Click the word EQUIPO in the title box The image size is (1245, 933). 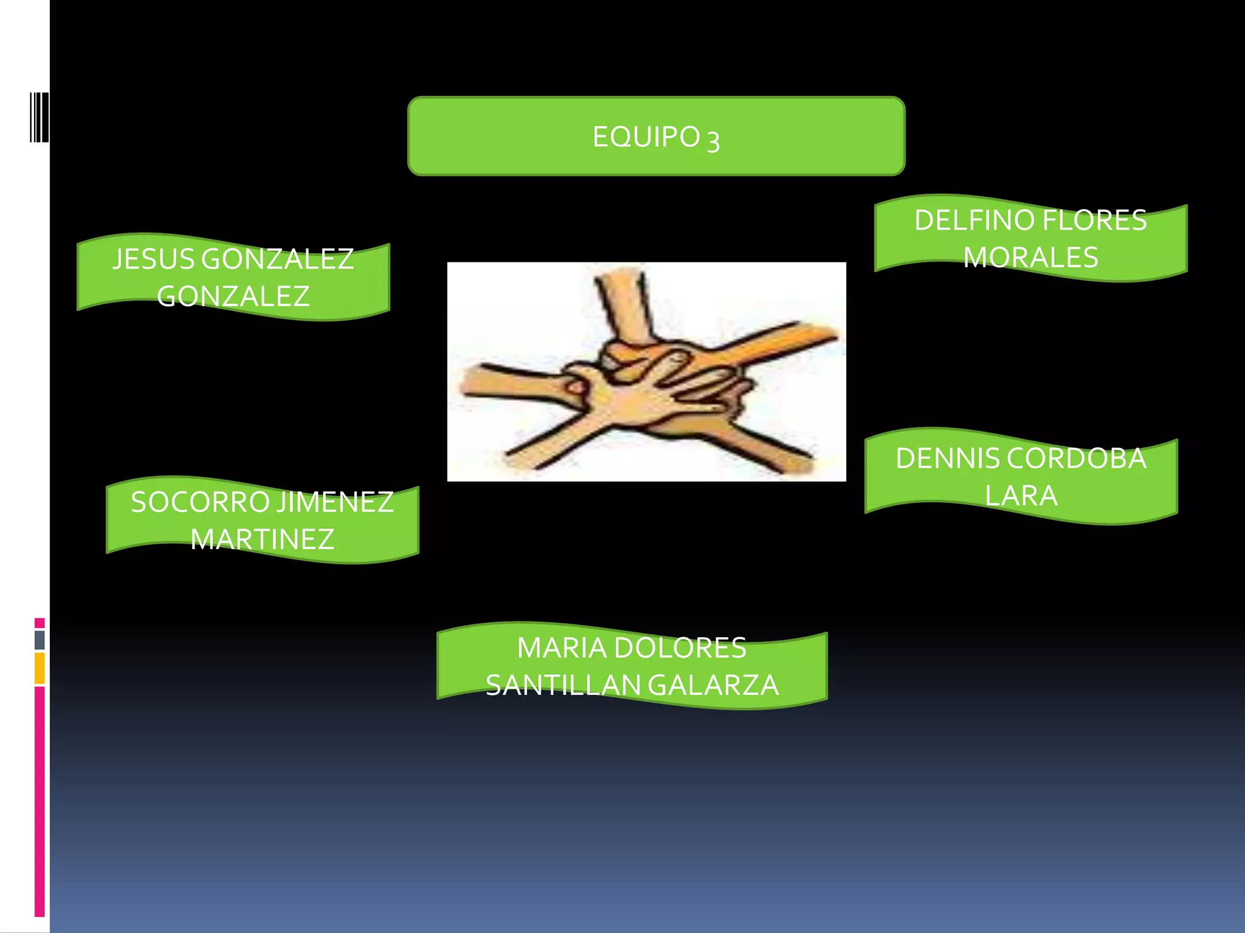click(x=646, y=137)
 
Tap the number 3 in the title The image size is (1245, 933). click(x=714, y=141)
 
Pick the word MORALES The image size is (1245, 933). click(x=1030, y=257)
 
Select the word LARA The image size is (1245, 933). click(x=1021, y=496)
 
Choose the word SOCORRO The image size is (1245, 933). click(x=200, y=502)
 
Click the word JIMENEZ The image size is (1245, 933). click(x=336, y=502)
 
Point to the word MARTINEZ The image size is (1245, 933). click(x=262, y=539)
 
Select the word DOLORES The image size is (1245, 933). click(x=680, y=648)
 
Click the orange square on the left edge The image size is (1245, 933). click(x=40, y=668)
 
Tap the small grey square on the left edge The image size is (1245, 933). click(x=40, y=640)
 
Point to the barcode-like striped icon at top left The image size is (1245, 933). click(x=39, y=117)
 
